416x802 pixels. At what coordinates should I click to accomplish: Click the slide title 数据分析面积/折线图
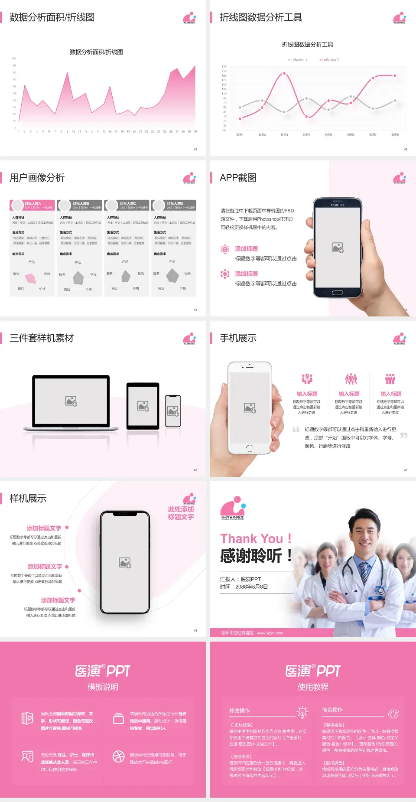tap(52, 17)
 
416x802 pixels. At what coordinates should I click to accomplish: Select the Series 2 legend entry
tap(330, 60)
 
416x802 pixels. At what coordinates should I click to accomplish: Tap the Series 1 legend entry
tap(298, 60)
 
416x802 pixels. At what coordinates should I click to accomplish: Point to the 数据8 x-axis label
tap(395, 135)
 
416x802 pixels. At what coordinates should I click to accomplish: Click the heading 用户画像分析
tap(37, 178)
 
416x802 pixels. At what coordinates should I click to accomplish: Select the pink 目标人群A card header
tap(32, 205)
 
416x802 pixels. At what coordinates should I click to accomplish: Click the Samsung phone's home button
tap(337, 293)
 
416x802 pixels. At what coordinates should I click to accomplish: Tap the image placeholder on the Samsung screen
tap(338, 248)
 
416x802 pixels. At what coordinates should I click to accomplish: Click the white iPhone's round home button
tap(249, 448)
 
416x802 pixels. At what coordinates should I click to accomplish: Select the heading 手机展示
tap(238, 338)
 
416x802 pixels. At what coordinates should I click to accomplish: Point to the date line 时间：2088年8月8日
tap(244, 587)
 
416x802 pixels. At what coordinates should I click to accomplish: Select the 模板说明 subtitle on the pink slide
tap(103, 687)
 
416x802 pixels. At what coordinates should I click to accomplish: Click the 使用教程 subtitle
tap(313, 687)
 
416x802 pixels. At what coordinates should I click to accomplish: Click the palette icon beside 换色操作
tap(393, 714)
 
